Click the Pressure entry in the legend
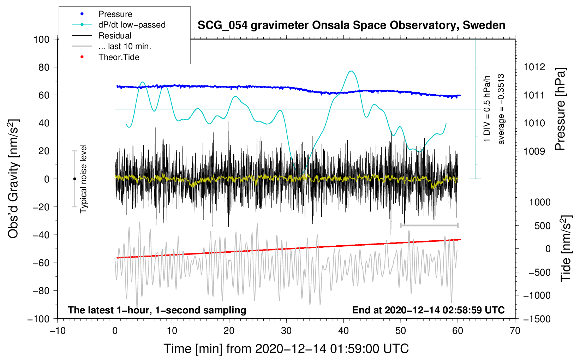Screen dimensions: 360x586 pyautogui.click(x=115, y=14)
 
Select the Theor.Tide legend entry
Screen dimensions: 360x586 pyautogui.click(x=119, y=57)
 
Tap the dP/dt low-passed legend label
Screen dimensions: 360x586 pyautogui.click(x=132, y=25)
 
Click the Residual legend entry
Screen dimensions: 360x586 pyautogui.click(x=115, y=36)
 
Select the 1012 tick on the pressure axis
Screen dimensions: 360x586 pyautogui.click(x=534, y=67)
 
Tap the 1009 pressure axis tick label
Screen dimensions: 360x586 pyautogui.click(x=534, y=151)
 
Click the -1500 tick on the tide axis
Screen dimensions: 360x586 pyautogui.click(x=537, y=319)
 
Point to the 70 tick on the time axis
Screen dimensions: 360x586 pyautogui.click(x=515, y=331)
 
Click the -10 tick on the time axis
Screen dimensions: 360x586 pyautogui.click(x=58, y=331)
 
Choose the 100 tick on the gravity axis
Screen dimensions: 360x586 pyautogui.click(x=41, y=39)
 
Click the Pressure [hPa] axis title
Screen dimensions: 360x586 pyautogui.click(x=560, y=109)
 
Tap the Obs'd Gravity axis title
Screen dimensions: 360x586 pyautogui.click(x=13, y=179)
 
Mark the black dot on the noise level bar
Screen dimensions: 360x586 pyautogui.click(x=74, y=179)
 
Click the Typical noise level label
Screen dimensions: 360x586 pyautogui.click(x=83, y=179)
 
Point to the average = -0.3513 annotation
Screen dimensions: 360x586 pyautogui.click(x=501, y=109)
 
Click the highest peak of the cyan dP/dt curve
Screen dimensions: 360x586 pyautogui.click(x=351, y=71)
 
